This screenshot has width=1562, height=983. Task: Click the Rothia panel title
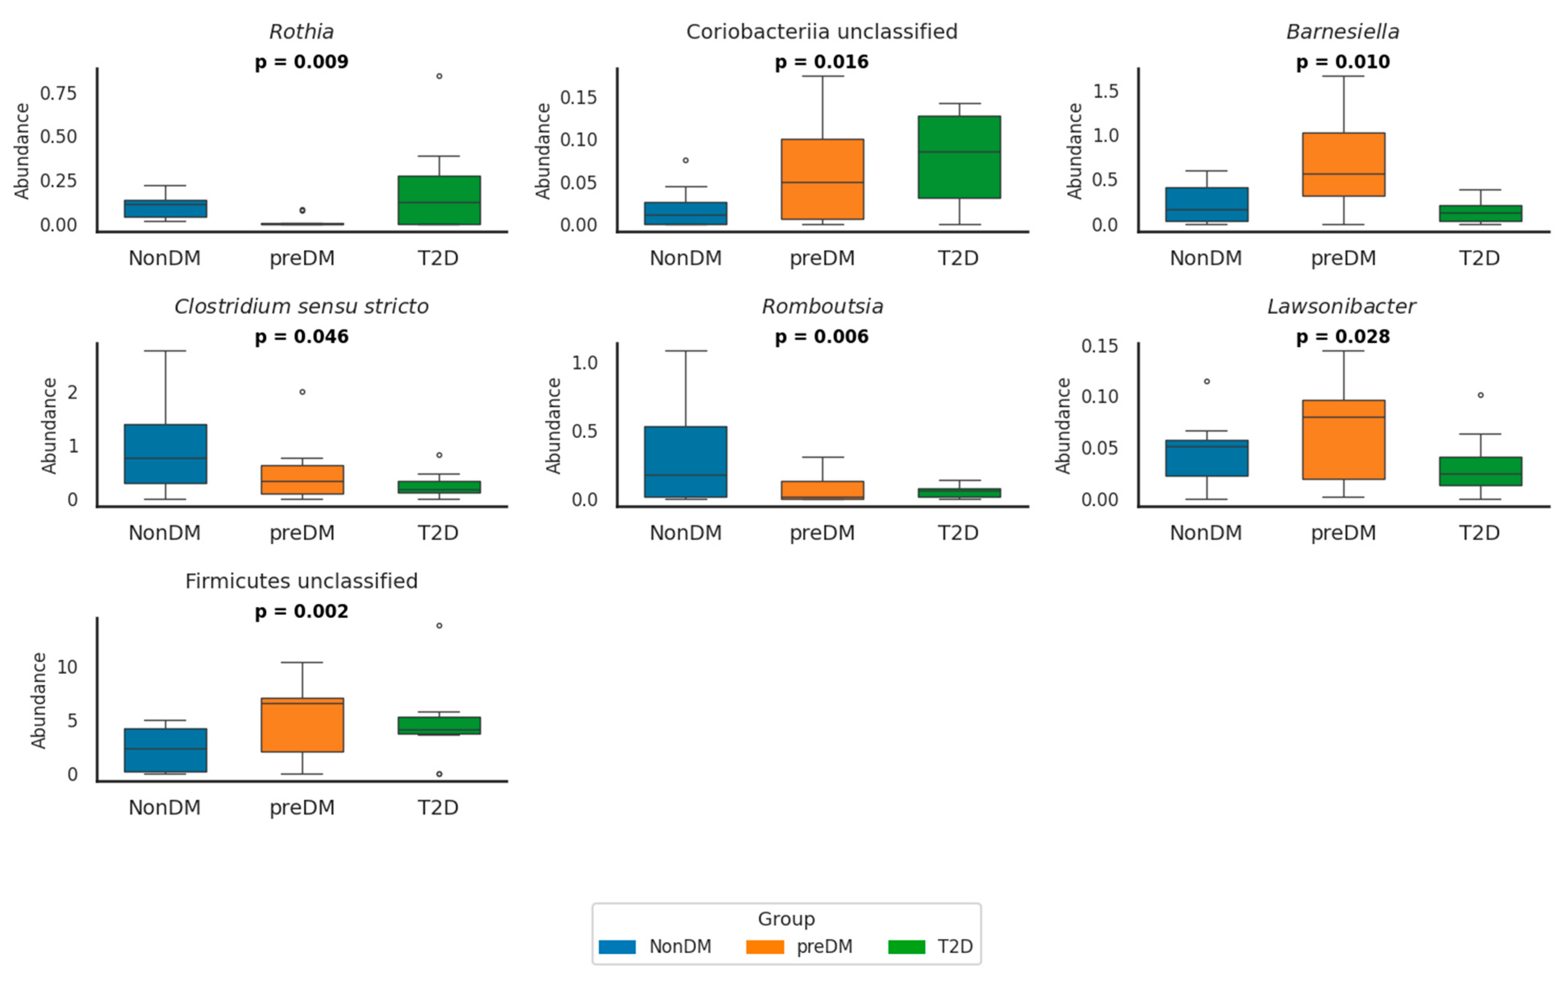point(302,32)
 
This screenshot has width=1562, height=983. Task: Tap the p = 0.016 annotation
point(821,62)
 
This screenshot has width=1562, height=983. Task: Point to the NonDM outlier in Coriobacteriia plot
point(686,160)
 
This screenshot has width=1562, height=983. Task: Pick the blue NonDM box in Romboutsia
point(686,462)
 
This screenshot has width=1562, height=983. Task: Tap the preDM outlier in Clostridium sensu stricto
point(302,392)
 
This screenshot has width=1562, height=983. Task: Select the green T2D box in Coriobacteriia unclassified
point(959,157)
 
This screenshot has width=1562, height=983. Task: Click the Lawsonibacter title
point(1342,307)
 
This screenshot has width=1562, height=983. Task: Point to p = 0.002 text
point(302,611)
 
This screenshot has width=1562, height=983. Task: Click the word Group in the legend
point(786,919)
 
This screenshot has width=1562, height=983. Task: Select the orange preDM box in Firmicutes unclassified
point(302,725)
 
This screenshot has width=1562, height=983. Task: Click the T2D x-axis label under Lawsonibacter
point(1479,533)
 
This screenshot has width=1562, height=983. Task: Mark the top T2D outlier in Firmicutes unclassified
point(439,626)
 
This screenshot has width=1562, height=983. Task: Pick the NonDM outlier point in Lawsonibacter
point(1206,381)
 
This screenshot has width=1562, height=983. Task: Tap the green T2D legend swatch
point(906,947)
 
